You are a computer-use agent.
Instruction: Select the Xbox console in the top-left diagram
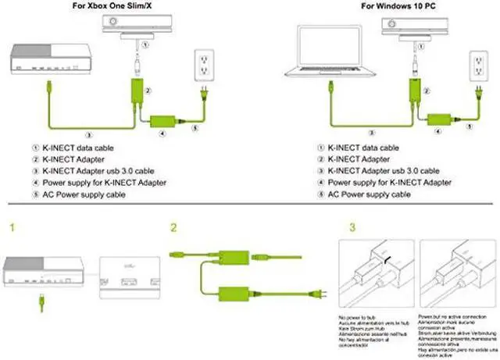pyautogui.click(x=52, y=61)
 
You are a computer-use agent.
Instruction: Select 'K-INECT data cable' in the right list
pyautogui.click(x=362, y=147)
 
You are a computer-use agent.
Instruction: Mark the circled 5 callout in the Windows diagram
pyautogui.click(x=469, y=125)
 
